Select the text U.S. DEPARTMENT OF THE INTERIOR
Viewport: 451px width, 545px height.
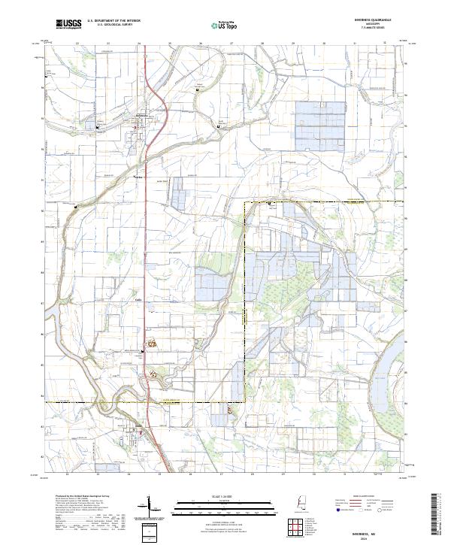114,21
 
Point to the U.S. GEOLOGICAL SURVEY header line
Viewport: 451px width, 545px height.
110,25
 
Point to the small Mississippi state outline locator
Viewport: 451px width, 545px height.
303,504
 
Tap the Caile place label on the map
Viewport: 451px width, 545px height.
138,300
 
